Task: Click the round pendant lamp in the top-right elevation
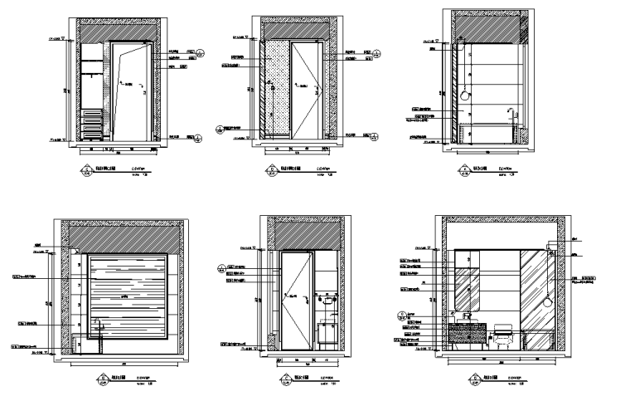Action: [x=467, y=93]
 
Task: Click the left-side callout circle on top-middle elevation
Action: [x=220, y=130]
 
